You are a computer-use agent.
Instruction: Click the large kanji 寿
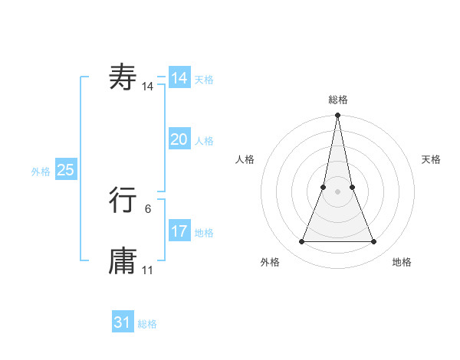point(123,77)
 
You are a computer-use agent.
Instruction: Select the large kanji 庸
point(123,261)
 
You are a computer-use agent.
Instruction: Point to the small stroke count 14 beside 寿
point(148,87)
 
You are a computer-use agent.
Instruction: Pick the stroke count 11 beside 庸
point(148,270)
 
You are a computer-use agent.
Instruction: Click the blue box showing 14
point(179,78)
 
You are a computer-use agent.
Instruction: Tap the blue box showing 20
point(179,139)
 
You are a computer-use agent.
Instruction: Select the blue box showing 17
point(179,231)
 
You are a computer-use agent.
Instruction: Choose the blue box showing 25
point(65,170)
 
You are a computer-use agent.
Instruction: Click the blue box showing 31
point(123,322)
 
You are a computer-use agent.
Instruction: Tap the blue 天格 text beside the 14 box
point(204,80)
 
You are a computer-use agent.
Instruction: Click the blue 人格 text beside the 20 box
point(204,141)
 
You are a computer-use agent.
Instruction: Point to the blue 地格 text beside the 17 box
point(204,233)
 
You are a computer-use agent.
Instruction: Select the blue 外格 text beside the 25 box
point(41,172)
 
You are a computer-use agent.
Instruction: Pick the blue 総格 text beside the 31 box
point(147,324)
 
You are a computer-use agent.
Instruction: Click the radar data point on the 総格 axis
point(337,116)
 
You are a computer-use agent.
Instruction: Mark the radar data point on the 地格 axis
point(374,242)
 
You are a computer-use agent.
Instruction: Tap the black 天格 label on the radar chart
point(431,159)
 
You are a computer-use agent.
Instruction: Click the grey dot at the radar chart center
point(337,191)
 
